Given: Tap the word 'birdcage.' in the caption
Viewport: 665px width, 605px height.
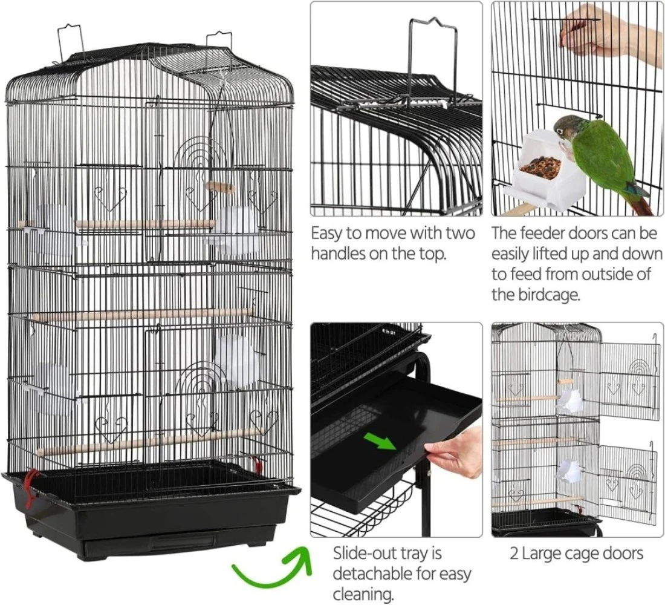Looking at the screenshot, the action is pyautogui.click(x=535, y=294).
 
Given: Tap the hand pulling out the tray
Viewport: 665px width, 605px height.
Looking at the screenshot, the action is pyautogui.click(x=455, y=453).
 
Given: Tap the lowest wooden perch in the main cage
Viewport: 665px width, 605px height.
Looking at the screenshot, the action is pyautogui.click(x=149, y=442).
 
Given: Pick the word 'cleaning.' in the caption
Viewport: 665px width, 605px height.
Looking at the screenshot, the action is pyautogui.click(x=363, y=594).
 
